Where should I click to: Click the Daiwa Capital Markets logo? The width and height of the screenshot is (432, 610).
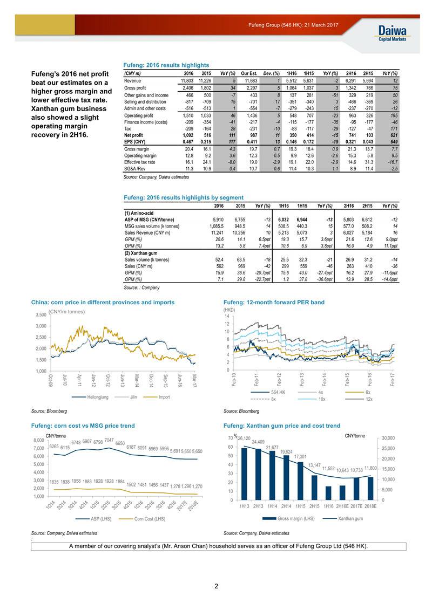tap(392, 32)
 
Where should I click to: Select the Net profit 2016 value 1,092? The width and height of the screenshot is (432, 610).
tap(186, 135)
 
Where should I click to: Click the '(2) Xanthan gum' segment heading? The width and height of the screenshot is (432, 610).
tap(141, 253)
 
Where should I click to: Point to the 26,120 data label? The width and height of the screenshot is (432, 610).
tap(244, 438)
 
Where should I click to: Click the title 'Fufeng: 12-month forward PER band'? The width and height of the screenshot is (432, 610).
tap(274, 302)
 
